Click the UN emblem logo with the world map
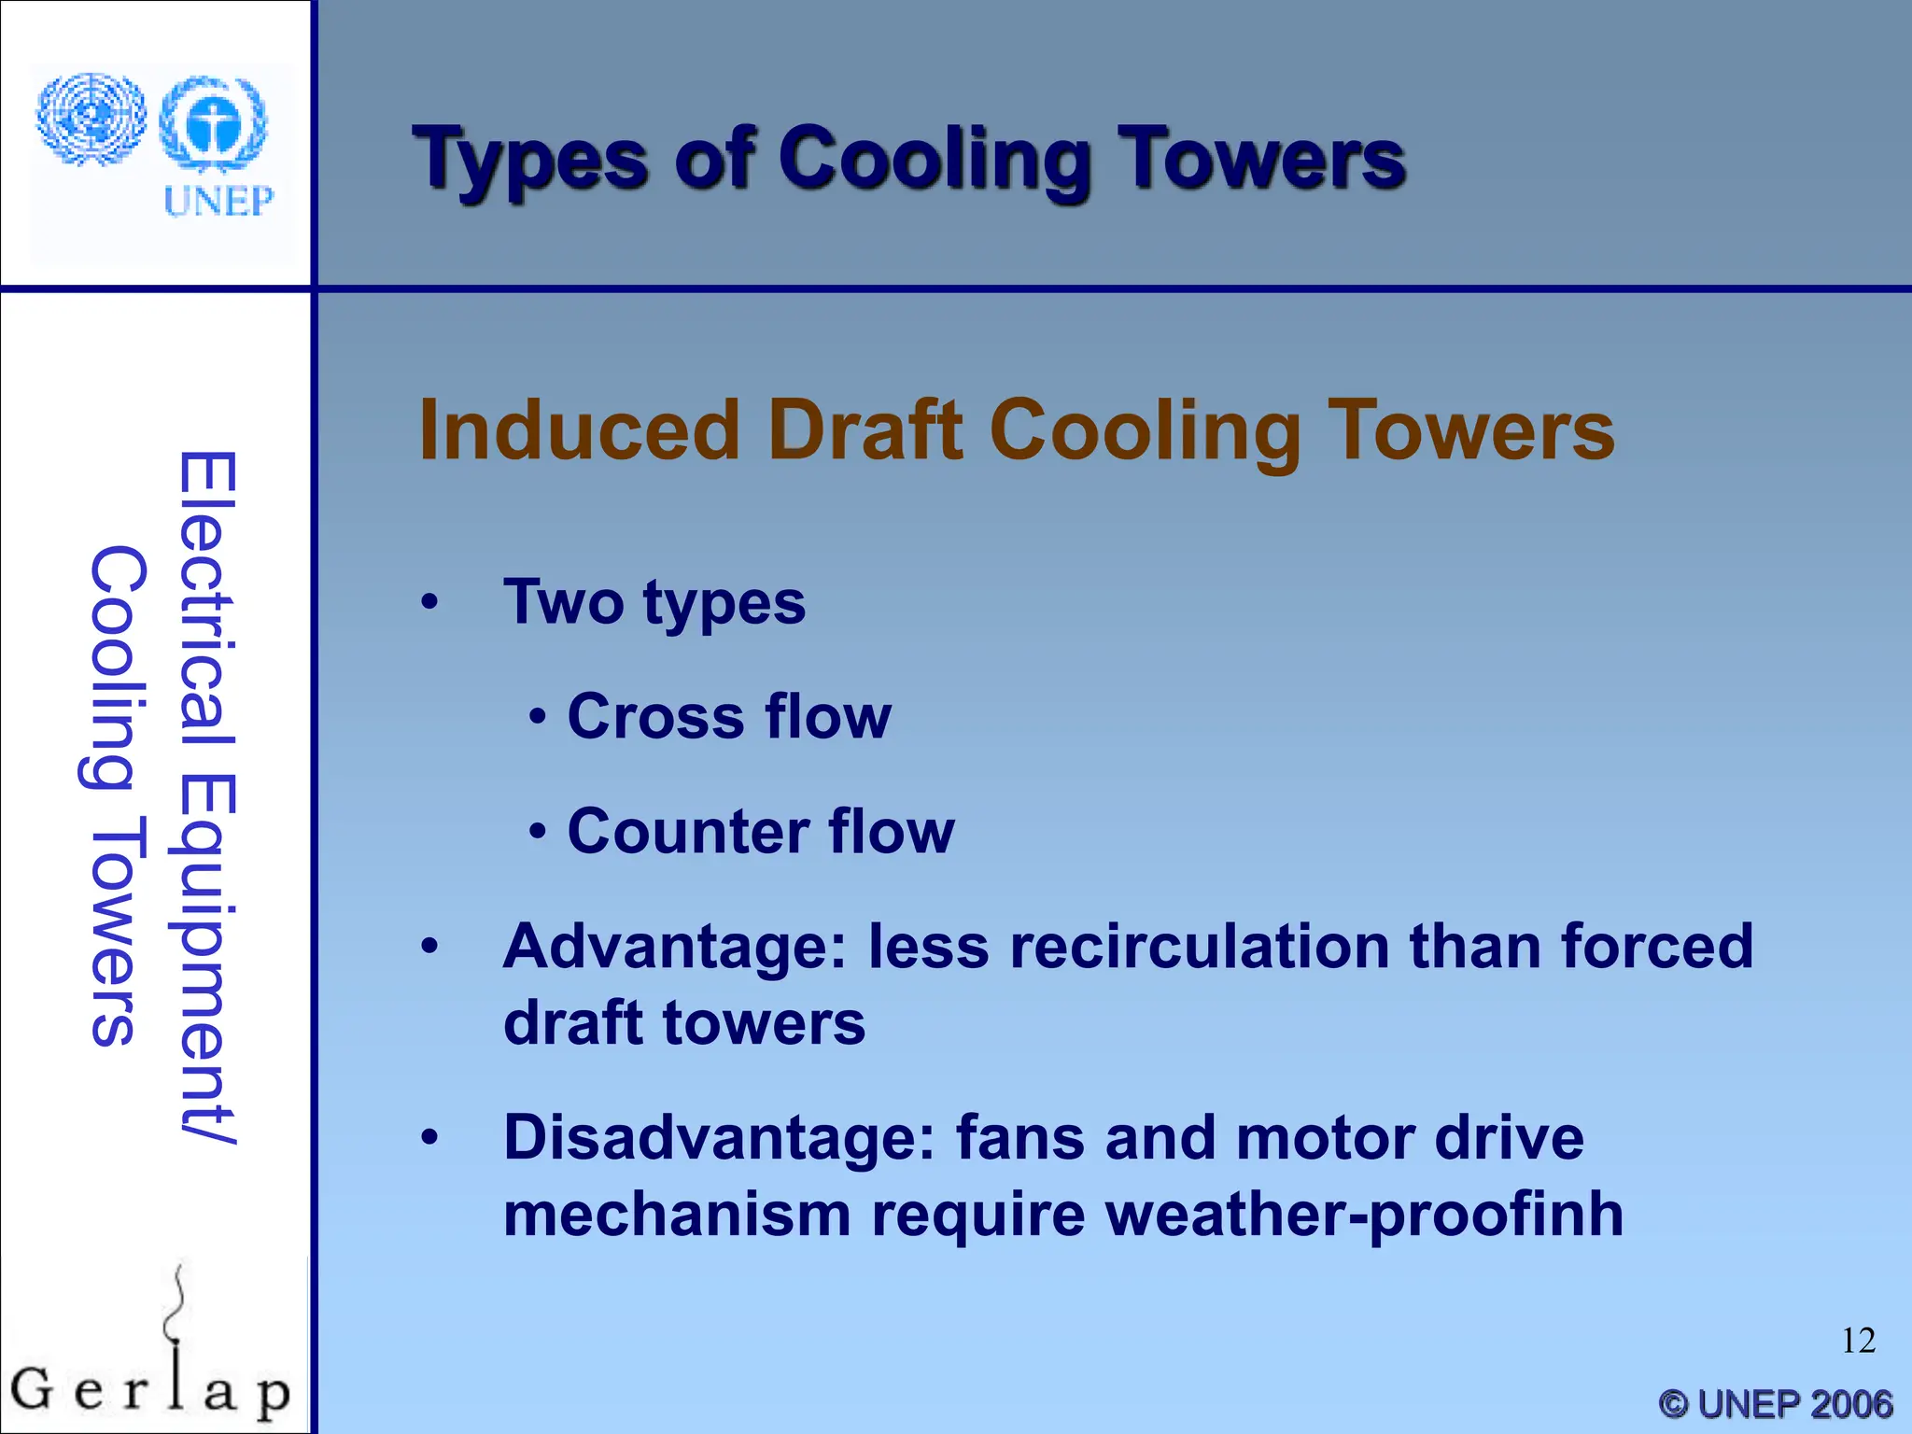click(x=91, y=119)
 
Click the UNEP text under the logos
click(x=218, y=201)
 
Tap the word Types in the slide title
click(x=529, y=161)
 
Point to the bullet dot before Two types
click(x=429, y=602)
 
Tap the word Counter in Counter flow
click(x=686, y=831)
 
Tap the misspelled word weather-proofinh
click(x=1364, y=1215)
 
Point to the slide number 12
click(x=1858, y=1341)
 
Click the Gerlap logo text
click(x=149, y=1391)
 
